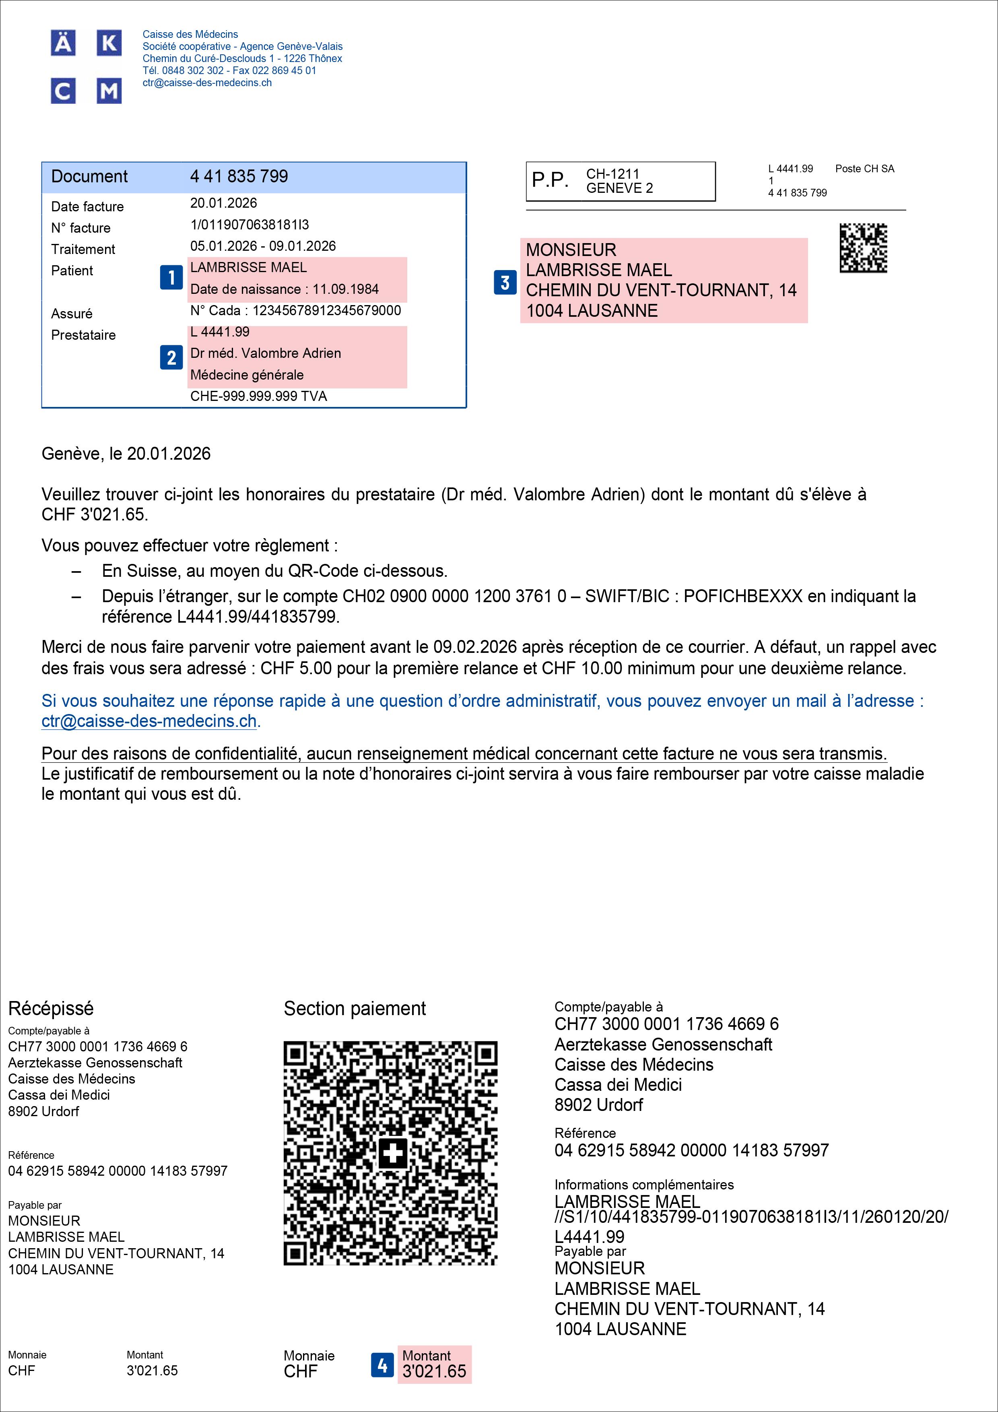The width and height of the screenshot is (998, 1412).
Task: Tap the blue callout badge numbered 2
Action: [x=171, y=357]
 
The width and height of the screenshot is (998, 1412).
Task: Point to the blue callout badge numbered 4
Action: [x=382, y=1365]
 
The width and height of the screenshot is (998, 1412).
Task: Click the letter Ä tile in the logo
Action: [x=63, y=43]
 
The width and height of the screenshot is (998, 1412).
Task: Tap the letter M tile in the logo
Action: [x=109, y=91]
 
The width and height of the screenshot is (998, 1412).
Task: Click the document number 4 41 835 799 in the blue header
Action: [x=239, y=176]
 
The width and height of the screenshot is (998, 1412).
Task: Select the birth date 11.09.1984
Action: [x=346, y=289]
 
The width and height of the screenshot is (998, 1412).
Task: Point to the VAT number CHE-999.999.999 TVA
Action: [x=258, y=396]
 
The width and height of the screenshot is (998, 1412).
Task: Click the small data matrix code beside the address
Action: [x=863, y=248]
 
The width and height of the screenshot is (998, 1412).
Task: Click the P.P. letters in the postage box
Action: [x=550, y=180]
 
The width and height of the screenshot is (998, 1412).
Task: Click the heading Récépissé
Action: [x=51, y=1009]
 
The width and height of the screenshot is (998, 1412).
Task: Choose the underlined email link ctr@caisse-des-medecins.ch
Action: [x=149, y=721]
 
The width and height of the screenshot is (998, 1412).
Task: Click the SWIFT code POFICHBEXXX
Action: [x=743, y=596]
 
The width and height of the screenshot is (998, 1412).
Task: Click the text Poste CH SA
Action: [x=864, y=169]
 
